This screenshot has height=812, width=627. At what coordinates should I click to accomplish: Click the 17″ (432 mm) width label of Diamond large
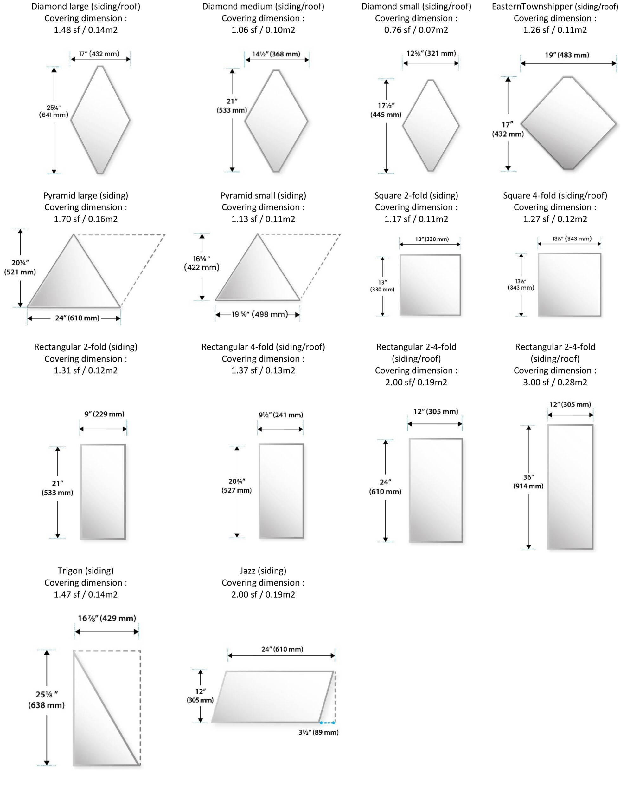[99, 54]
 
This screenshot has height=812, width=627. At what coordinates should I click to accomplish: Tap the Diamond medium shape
[276, 121]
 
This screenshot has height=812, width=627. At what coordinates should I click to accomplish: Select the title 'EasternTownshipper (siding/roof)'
[555, 6]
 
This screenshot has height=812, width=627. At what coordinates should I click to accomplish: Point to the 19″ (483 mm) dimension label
[567, 55]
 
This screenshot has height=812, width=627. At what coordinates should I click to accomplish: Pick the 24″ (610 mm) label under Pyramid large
[77, 318]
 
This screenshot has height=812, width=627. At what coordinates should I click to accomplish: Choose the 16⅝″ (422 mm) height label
[202, 263]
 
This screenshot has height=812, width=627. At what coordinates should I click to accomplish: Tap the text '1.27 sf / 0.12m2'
[555, 219]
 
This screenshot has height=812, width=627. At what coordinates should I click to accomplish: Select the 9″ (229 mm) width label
[104, 414]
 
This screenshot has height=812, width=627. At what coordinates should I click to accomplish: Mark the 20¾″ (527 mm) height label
[237, 486]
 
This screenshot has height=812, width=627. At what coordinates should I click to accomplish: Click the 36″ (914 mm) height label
[528, 481]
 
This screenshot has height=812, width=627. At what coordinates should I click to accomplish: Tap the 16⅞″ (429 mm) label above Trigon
[106, 618]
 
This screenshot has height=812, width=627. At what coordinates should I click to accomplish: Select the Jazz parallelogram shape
[273, 696]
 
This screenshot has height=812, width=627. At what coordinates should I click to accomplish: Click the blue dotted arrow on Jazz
[327, 723]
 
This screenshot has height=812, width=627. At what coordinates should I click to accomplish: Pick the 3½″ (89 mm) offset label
[318, 732]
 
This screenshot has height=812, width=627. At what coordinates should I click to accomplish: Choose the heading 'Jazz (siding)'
[263, 570]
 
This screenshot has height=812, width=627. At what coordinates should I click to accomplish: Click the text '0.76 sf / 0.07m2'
[416, 30]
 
